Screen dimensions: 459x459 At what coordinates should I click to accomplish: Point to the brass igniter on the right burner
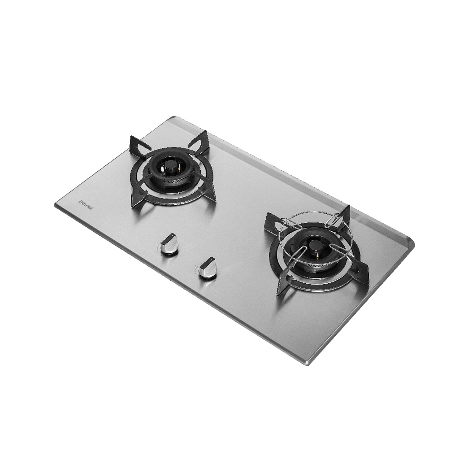click(317, 255)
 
